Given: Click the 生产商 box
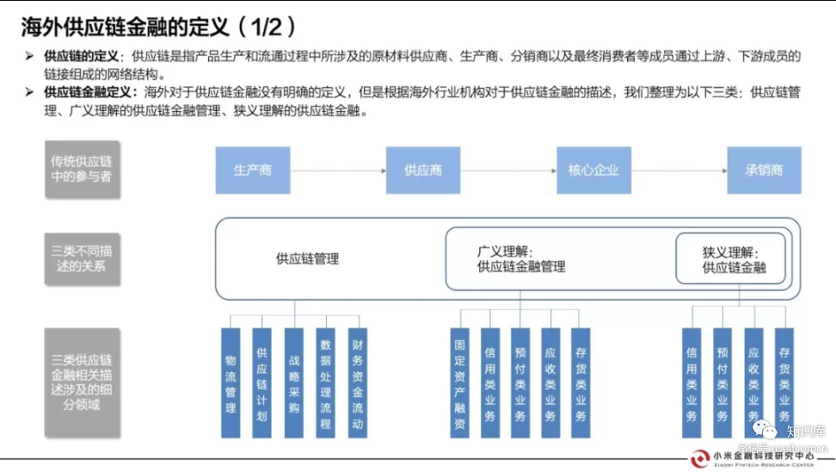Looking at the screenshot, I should coord(253,170).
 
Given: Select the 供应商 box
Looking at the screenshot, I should coord(423,170).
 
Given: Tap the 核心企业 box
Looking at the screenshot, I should coord(593,170).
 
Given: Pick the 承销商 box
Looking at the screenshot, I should coord(764,170).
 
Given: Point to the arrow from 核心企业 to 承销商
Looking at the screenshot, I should coord(679,171).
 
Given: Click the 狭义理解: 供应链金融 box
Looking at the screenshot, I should coord(733,258).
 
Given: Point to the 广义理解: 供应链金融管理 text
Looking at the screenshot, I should coord(521,259).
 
